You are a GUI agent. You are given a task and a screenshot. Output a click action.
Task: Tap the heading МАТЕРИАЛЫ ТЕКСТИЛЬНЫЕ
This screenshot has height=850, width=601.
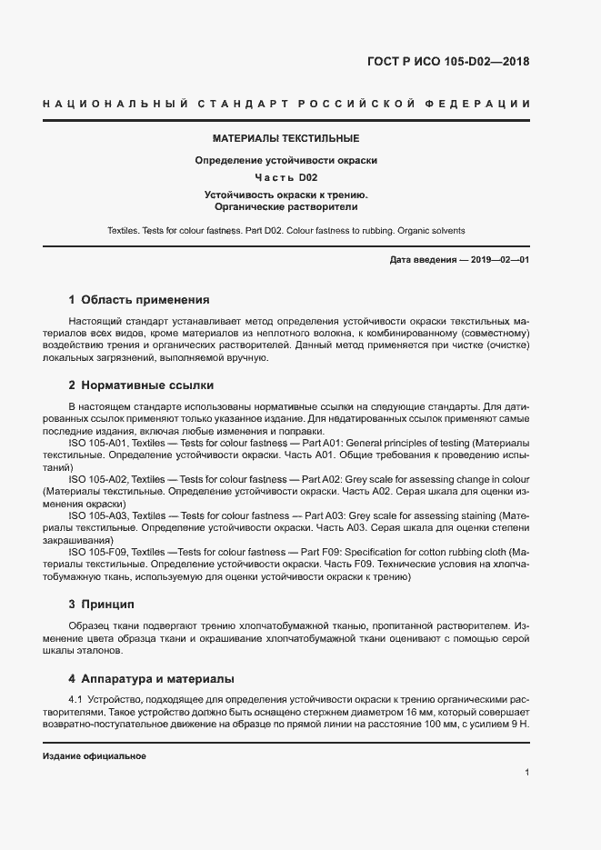tap(286, 139)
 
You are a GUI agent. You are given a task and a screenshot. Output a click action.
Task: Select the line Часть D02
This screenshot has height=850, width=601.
tap(286, 177)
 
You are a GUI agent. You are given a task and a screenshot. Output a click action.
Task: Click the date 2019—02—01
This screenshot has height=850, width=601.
tap(498, 261)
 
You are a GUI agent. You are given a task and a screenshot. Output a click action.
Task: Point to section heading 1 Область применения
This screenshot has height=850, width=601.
tap(139, 299)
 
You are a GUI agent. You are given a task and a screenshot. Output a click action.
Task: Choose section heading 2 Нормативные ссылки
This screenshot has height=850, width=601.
tap(141, 385)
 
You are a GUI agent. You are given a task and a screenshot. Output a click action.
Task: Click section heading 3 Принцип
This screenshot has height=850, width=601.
tap(101, 604)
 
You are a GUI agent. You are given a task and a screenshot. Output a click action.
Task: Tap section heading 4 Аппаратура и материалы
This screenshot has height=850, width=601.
tap(152, 678)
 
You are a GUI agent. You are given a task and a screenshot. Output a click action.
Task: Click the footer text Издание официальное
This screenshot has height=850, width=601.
tap(94, 756)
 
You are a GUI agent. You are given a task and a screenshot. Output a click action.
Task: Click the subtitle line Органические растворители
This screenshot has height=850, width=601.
tap(286, 206)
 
